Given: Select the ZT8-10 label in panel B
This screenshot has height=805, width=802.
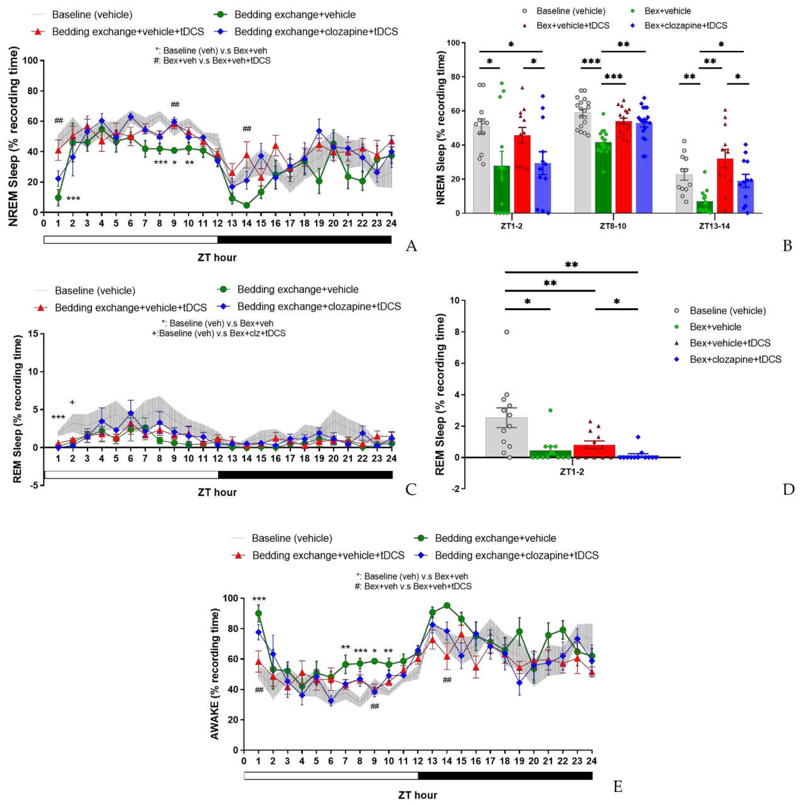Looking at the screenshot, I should pyautogui.click(x=613, y=226).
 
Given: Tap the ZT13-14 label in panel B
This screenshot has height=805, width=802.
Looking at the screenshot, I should pyautogui.click(x=714, y=226).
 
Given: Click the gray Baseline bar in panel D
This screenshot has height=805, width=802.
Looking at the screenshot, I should pyautogui.click(x=507, y=437).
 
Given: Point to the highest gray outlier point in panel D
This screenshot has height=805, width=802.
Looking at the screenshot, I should pyautogui.click(x=507, y=332).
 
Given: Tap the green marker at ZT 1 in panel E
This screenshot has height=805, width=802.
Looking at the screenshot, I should pyautogui.click(x=258, y=613).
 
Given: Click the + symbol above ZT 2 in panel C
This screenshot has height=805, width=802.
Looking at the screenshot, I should pyautogui.click(x=72, y=402).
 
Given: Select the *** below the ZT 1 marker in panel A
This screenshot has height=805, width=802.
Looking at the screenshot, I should pyautogui.click(x=73, y=199).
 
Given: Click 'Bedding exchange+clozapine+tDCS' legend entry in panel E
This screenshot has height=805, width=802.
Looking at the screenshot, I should pyautogui.click(x=516, y=555).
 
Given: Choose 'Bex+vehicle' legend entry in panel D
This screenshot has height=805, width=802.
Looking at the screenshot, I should pyautogui.click(x=715, y=327).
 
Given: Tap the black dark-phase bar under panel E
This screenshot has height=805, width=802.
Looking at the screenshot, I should pyautogui.click(x=505, y=775).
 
